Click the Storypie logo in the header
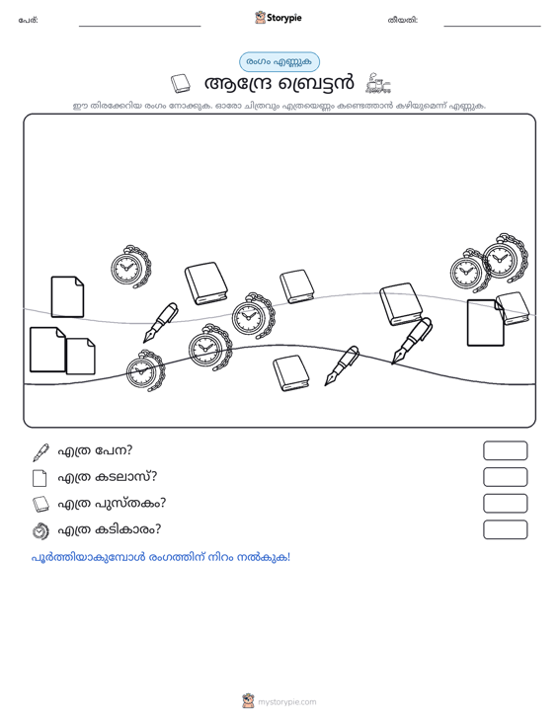pyautogui.click(x=279, y=18)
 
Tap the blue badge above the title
pyautogui.click(x=279, y=62)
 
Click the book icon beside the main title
pyautogui.click(x=181, y=84)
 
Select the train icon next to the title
pyautogui.click(x=378, y=84)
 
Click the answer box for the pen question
pyautogui.click(x=505, y=450)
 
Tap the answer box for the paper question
pyautogui.click(x=505, y=477)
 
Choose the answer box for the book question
pyautogui.click(x=505, y=504)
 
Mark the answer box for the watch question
pyautogui.click(x=505, y=529)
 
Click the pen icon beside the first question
pyautogui.click(x=40, y=452)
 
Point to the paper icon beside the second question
pyautogui.click(x=40, y=478)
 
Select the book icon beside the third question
pyautogui.click(x=40, y=504)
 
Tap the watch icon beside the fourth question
pyautogui.click(x=40, y=530)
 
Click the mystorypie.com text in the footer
pyautogui.click(x=287, y=702)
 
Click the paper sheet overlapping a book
pyautogui.click(x=485, y=323)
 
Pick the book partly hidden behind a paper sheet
pyautogui.click(x=514, y=308)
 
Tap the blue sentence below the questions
pyautogui.click(x=161, y=557)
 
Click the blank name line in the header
pyautogui.click(x=140, y=26)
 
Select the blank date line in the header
pyautogui.click(x=492, y=26)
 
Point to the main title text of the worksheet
pyautogui.click(x=279, y=84)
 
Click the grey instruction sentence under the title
pyautogui.click(x=279, y=106)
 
